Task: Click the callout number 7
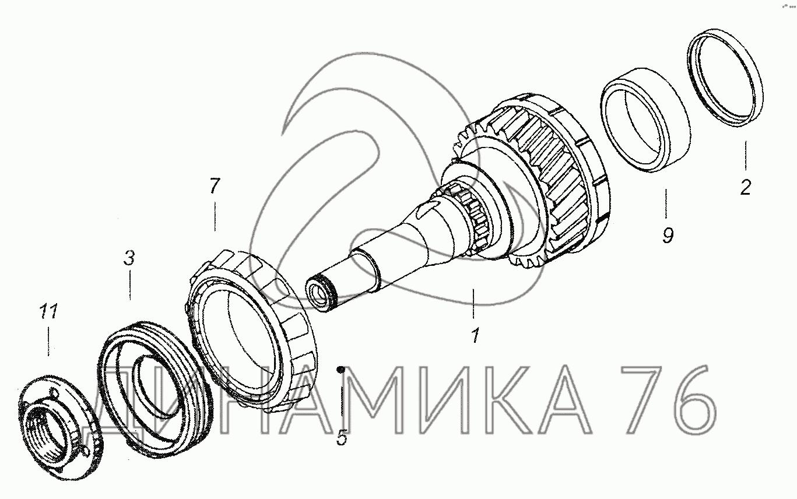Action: (x=215, y=185)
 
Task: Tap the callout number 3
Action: (x=129, y=258)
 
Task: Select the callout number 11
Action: (x=48, y=312)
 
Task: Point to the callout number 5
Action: (x=342, y=437)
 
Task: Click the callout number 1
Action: (x=475, y=335)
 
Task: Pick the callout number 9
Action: (x=668, y=236)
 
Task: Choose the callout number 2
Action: (x=746, y=188)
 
